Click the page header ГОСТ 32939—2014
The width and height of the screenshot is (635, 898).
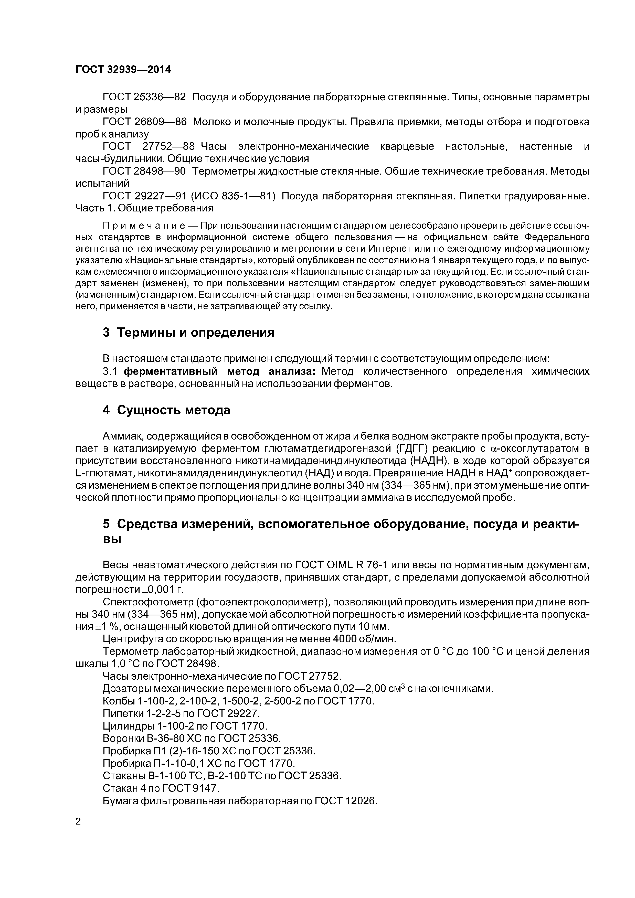coord(123,70)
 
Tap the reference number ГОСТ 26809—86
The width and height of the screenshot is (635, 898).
coord(144,122)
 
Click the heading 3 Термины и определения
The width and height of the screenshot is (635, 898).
coord(188,333)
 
